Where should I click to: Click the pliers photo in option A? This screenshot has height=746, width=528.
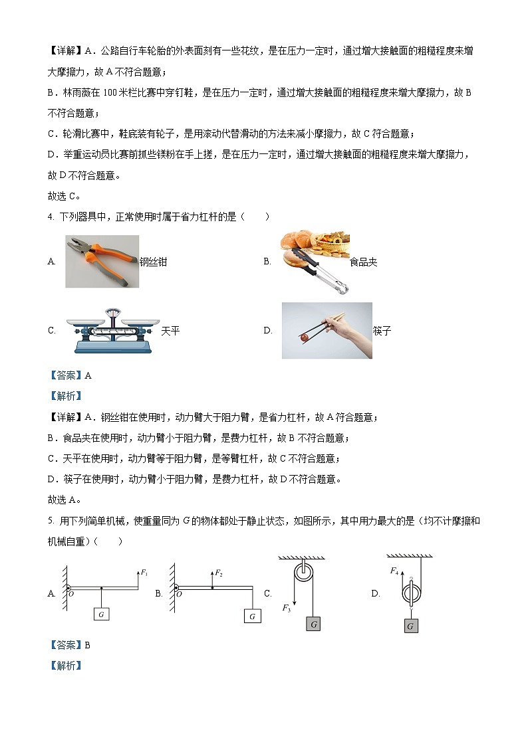pyautogui.click(x=102, y=261)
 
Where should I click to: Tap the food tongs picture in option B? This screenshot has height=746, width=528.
pyautogui.click(x=313, y=262)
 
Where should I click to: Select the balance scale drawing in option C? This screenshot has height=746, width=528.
pyautogui.click(x=112, y=330)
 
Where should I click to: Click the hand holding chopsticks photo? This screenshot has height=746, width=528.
pyautogui.click(x=327, y=330)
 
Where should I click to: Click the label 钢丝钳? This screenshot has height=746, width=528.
pyautogui.click(x=153, y=262)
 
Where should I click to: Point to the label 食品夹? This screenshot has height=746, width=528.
pyautogui.click(x=363, y=262)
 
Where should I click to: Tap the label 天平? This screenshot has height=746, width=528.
pyautogui.click(x=171, y=331)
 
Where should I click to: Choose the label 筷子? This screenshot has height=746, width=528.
pyautogui.click(x=382, y=331)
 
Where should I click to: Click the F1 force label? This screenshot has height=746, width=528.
pyautogui.click(x=144, y=572)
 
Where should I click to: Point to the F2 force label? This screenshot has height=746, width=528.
pyautogui.click(x=219, y=572)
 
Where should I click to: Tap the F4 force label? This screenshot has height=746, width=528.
pyautogui.click(x=394, y=570)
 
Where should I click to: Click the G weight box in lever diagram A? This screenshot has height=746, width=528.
pyautogui.click(x=101, y=614)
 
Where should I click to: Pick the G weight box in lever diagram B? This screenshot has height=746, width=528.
pyautogui.click(x=252, y=616)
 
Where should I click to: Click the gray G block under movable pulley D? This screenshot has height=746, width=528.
pyautogui.click(x=410, y=626)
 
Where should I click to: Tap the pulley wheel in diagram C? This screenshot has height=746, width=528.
pyautogui.click(x=303, y=573)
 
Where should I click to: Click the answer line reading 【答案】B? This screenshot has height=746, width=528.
pyautogui.click(x=69, y=644)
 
